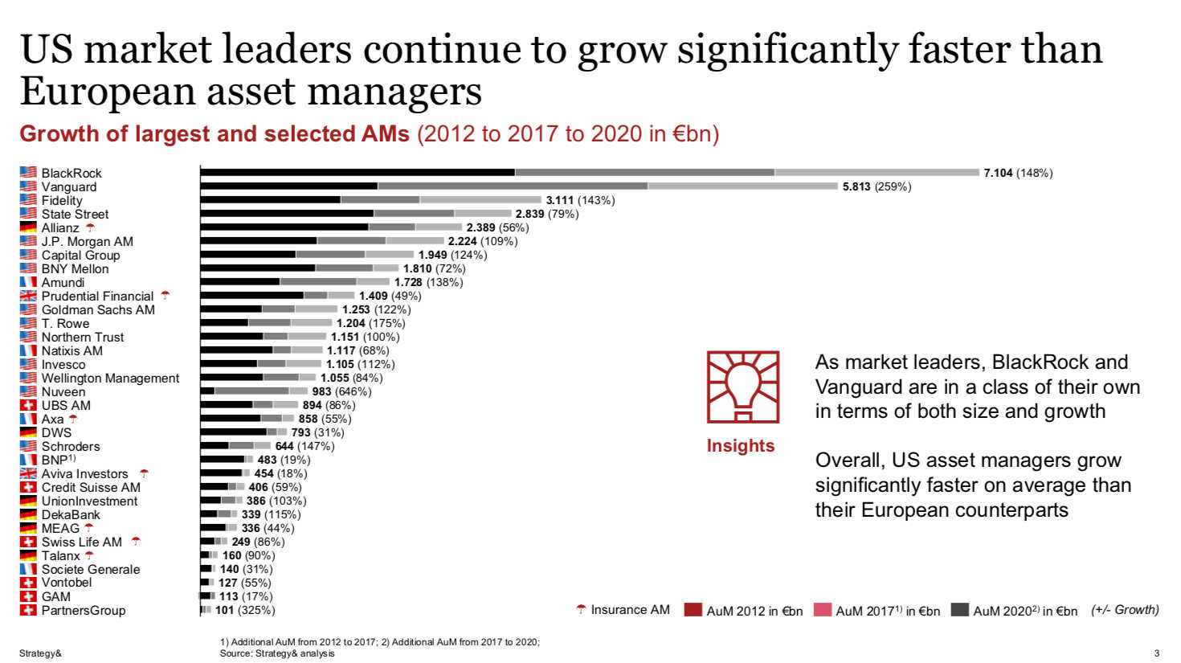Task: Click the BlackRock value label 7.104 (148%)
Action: (1017, 173)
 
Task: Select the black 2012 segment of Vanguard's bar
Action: (289, 186)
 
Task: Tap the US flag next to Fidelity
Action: (28, 200)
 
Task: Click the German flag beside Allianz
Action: (28, 227)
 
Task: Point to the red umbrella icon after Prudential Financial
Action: (166, 296)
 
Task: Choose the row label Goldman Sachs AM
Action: (98, 309)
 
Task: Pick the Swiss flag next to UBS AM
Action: (28, 405)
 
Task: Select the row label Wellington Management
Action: (110, 378)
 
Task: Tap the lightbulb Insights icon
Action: (742, 387)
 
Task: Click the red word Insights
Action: (740, 446)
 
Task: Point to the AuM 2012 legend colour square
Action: (693, 610)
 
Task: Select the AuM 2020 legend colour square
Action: (959, 610)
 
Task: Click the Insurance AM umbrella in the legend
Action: (581, 610)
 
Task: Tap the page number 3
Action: (1157, 653)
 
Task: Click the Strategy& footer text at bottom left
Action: (40, 653)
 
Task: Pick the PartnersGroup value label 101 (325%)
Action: (245, 610)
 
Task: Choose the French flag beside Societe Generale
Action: (28, 569)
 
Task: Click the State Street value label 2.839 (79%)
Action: (546, 214)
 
